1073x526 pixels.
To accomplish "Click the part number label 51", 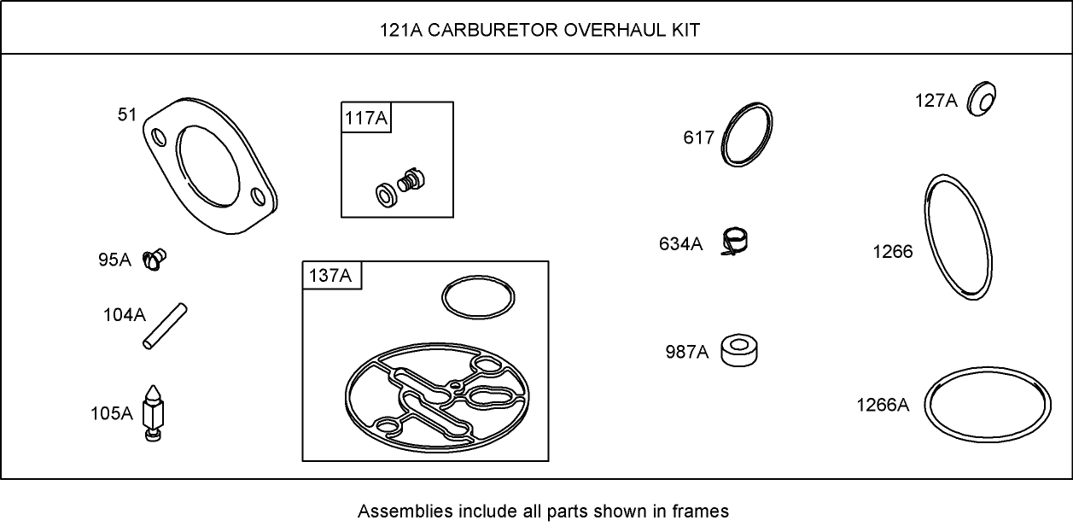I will pos(126,114).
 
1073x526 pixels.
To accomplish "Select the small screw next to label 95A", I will pos(155,258).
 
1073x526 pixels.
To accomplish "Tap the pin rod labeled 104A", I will pos(165,325).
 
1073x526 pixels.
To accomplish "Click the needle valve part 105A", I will pos(153,412).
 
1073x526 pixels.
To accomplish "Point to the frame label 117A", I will pos(365,118).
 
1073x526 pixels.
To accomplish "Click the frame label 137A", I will pos(330,276).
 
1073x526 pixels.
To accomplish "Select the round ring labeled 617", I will pos(748,135).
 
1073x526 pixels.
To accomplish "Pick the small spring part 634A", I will pos(736,242).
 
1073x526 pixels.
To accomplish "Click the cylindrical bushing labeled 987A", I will pos(740,350).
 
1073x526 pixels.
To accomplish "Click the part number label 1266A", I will pos(883,405).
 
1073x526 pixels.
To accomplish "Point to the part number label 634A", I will pos(680,244).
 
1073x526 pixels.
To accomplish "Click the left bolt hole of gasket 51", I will pos(158,137).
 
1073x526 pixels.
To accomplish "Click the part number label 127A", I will pos(936,101).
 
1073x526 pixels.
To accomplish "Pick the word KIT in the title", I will pos(685,30).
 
